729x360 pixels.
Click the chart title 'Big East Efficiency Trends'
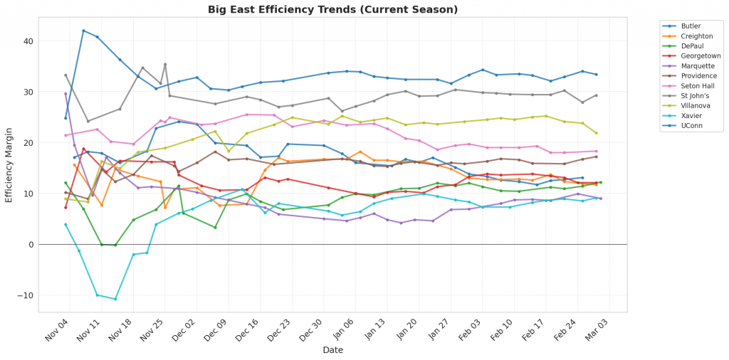tap(332, 9)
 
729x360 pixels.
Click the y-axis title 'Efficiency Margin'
tap(9, 164)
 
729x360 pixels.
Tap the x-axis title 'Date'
tap(332, 350)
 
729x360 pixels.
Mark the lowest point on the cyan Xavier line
tap(115, 299)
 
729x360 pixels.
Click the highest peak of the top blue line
tap(83, 31)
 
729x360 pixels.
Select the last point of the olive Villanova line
tap(597, 133)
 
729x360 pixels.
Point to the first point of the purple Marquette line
tap(65, 93)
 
